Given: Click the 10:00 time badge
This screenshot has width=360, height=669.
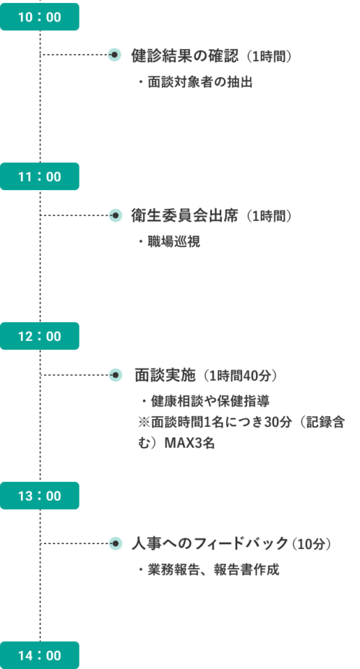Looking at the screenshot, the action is coord(39,17).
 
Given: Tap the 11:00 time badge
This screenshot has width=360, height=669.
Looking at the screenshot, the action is coord(39,176).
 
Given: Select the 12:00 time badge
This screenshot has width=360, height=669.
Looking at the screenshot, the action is coord(39,336).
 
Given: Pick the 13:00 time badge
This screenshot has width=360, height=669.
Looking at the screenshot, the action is coord(39,496).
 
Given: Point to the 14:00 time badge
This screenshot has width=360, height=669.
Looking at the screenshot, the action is coord(39,655).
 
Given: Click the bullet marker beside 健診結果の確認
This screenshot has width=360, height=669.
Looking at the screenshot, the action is coord(114,55).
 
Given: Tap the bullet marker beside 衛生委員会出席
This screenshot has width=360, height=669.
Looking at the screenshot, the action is coord(115,215).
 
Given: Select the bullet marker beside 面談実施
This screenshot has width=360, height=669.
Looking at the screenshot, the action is coord(115,375).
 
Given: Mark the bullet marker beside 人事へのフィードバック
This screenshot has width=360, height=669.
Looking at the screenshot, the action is coord(115,543).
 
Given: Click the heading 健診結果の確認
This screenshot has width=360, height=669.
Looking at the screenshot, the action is coord(185,56).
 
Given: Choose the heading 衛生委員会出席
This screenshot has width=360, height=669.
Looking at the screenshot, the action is coord(184,216).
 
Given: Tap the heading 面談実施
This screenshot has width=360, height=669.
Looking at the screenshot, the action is coord(165,376).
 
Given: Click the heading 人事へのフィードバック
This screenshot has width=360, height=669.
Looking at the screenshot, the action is coord(210,544).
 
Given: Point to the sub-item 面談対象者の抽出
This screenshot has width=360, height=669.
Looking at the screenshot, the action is coord(195,82).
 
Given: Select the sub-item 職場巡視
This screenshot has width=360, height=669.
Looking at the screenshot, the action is coord(168,242).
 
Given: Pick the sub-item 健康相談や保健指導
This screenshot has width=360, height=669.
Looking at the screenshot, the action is coord(205,402).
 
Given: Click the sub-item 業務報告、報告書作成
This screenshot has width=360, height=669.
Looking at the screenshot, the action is coord(208,570).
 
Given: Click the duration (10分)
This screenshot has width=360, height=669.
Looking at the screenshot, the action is coord(312,545).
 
